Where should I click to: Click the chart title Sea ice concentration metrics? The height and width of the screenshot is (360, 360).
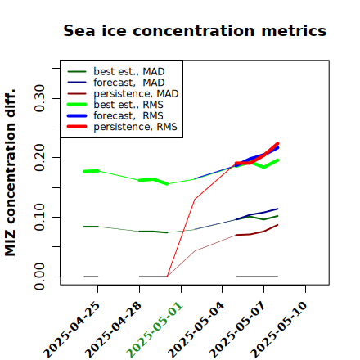[195, 30]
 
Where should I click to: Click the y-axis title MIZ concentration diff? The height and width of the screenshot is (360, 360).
[10, 173]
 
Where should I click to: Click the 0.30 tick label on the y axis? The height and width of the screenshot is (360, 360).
[39, 98]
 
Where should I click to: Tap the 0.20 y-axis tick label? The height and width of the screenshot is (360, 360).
[39, 157]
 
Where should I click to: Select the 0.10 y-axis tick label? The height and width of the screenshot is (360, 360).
[39, 217]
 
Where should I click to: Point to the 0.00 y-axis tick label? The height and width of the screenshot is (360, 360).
[39, 277]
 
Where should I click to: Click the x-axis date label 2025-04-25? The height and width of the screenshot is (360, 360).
[72, 330]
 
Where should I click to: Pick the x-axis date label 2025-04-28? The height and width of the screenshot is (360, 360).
[114, 330]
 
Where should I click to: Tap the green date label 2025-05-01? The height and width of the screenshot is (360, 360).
[155, 330]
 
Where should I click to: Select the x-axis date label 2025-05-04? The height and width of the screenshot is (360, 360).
[196, 330]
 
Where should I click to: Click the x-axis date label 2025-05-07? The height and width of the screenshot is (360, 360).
[238, 330]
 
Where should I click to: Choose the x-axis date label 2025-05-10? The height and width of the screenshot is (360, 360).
[280, 330]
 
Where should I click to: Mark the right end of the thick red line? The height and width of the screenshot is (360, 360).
[277, 143]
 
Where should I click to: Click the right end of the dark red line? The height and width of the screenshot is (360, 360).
[277, 225]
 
